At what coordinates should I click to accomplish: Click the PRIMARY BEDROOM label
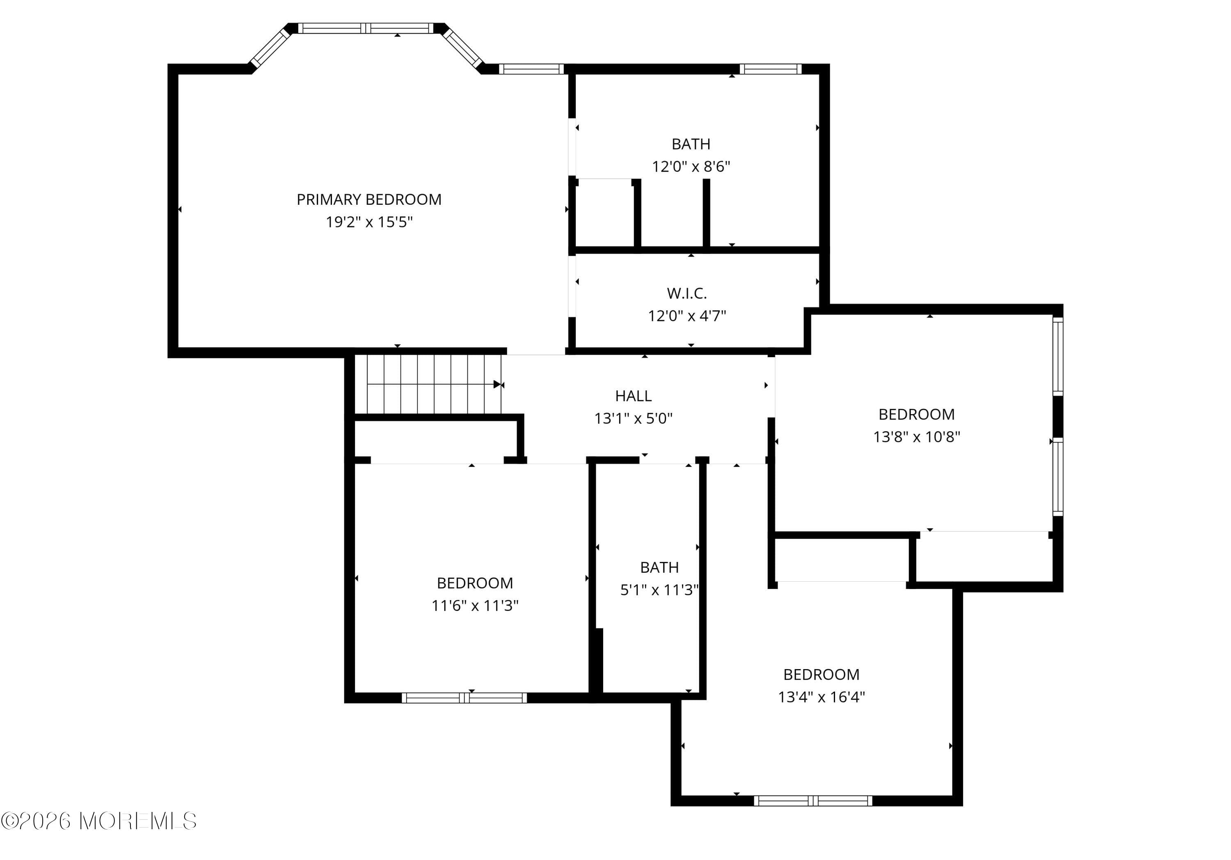369,200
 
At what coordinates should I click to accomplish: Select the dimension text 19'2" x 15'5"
369,222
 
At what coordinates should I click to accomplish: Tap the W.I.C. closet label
687,294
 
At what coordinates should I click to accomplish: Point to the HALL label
633,396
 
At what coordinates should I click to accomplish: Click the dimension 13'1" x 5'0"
633,418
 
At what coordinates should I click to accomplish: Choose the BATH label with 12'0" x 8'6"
691,144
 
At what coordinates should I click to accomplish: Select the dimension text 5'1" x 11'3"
659,590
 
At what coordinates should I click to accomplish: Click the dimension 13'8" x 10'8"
916,437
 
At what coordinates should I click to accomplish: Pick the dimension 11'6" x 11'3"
475,606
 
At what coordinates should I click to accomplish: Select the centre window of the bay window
366,28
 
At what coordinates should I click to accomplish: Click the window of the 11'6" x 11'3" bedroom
464,697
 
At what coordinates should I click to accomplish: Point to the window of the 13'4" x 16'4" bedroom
813,801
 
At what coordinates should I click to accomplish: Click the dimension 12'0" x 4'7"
687,316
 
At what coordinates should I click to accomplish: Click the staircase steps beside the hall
427,384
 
